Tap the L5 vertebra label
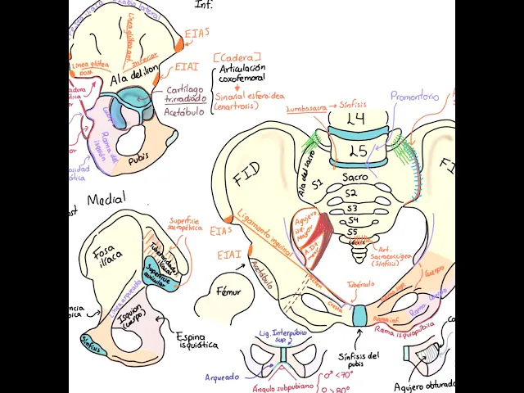point(358,151)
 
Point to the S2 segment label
point(351,193)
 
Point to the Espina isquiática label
point(197,341)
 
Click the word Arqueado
point(221,377)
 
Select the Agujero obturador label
point(422,386)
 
